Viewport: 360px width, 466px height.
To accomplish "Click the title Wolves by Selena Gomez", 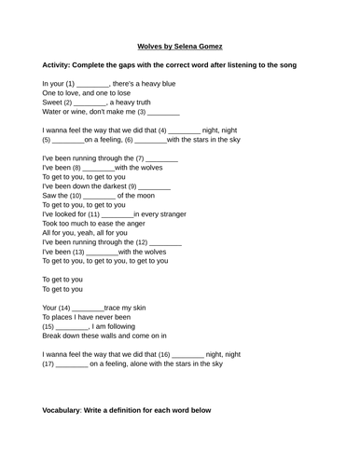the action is (179, 45).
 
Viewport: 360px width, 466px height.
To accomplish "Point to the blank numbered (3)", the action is (159, 112).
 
